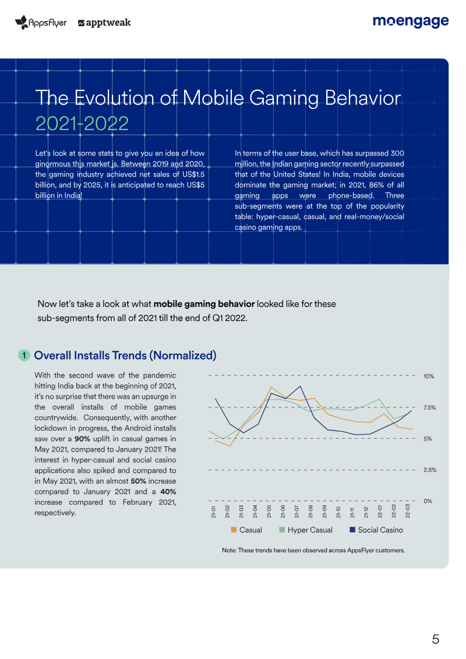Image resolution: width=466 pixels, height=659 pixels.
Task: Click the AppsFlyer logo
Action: coord(41,22)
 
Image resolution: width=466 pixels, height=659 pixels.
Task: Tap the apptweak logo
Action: coord(104,23)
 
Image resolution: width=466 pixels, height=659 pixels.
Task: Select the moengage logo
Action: coord(411,21)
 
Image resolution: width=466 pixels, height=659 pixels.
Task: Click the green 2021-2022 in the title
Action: coord(82,123)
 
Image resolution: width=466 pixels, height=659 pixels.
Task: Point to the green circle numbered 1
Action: coord(24,355)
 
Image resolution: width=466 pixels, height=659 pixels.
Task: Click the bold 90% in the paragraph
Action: coord(82,439)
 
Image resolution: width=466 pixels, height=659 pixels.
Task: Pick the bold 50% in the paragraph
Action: coord(139,481)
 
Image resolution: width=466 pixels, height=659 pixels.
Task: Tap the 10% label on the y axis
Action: coord(429,376)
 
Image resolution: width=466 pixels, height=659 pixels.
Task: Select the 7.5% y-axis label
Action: coord(429,407)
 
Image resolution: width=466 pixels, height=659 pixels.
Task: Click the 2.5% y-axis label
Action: coord(430,470)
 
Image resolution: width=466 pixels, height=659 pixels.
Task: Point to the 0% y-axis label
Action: coord(428,501)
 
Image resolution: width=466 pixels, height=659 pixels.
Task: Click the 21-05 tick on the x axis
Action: coord(269,511)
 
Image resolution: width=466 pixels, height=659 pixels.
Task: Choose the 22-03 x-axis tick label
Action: coord(408,511)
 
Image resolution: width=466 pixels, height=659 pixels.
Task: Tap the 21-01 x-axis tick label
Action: coord(213,511)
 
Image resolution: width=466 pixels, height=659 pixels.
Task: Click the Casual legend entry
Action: coord(246,530)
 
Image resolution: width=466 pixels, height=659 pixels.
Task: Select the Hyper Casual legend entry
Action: coord(306,530)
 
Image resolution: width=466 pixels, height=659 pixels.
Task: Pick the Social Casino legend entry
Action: coord(376,530)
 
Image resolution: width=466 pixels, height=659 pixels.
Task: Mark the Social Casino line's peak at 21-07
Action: coord(300,386)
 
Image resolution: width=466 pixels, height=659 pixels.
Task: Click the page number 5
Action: coord(436,639)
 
